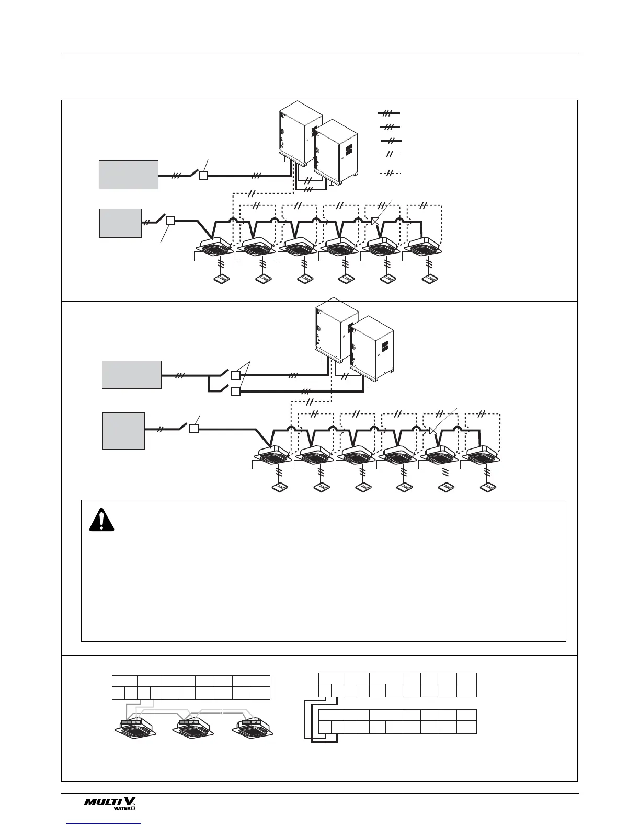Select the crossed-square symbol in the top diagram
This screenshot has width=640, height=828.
pos(375,221)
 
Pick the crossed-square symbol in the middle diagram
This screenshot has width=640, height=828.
pos(433,430)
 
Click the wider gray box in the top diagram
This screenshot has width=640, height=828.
pos(129,175)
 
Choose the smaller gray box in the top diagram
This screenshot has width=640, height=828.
pos(120,223)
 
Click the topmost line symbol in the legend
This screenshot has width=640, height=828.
pos(389,113)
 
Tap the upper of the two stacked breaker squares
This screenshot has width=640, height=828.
pos(236,375)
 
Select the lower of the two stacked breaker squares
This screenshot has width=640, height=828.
pos(236,392)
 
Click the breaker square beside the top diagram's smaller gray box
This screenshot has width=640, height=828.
pos(170,221)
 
